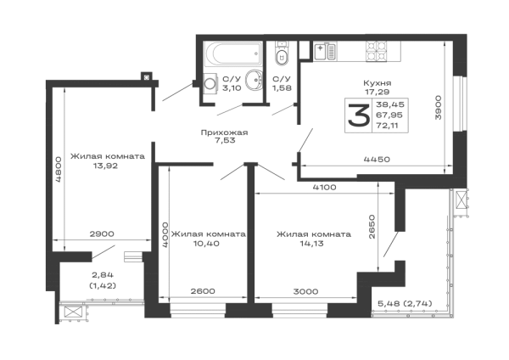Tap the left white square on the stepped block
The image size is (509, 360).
click(x=350, y=111)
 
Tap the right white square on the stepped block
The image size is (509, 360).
click(x=404, y=126)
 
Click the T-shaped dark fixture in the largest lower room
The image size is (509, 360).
click(x=310, y=239)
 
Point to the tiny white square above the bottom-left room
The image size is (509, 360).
click(x=98, y=249)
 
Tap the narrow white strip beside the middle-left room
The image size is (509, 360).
click(x=58, y=209)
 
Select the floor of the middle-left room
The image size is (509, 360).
click(x=109, y=200)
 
